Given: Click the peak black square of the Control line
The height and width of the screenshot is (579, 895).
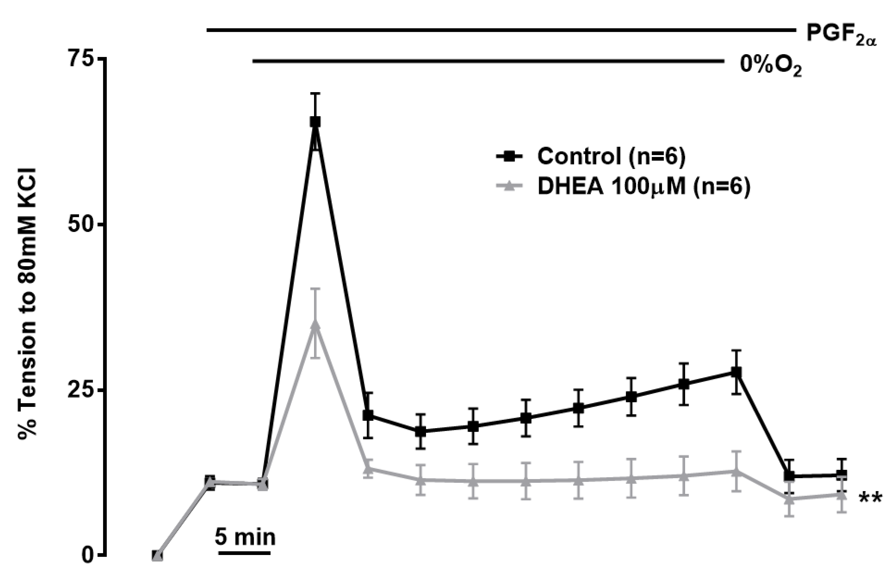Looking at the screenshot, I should click(315, 122).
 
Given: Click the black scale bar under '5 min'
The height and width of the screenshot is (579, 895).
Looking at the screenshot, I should click(245, 553).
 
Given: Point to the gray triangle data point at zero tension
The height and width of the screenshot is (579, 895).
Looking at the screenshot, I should click(158, 555).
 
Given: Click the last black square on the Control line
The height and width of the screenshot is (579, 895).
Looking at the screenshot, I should click(841, 475).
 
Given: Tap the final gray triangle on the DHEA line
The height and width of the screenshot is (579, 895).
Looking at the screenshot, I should click(841, 495).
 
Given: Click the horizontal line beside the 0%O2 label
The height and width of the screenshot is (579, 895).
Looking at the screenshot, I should click(489, 61).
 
